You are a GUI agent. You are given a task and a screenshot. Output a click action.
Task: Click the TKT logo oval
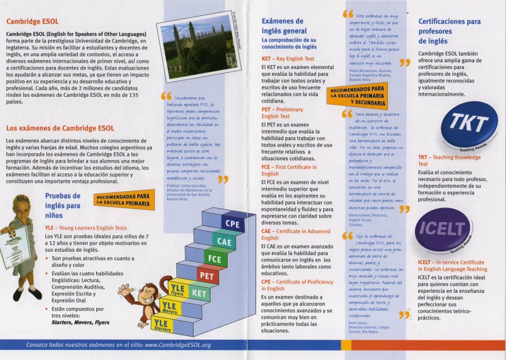click(x=468, y=124)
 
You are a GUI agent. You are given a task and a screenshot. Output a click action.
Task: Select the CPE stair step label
click(x=231, y=223)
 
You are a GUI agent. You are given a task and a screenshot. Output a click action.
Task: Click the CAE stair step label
click(x=223, y=241)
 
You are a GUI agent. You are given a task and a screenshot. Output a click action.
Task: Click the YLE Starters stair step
click(x=162, y=325)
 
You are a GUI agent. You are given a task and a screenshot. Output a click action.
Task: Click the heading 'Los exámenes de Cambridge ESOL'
click(x=60, y=128)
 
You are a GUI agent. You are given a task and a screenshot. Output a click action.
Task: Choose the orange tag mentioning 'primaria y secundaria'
click(x=357, y=94)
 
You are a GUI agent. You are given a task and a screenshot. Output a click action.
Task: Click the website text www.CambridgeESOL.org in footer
click(x=178, y=345)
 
